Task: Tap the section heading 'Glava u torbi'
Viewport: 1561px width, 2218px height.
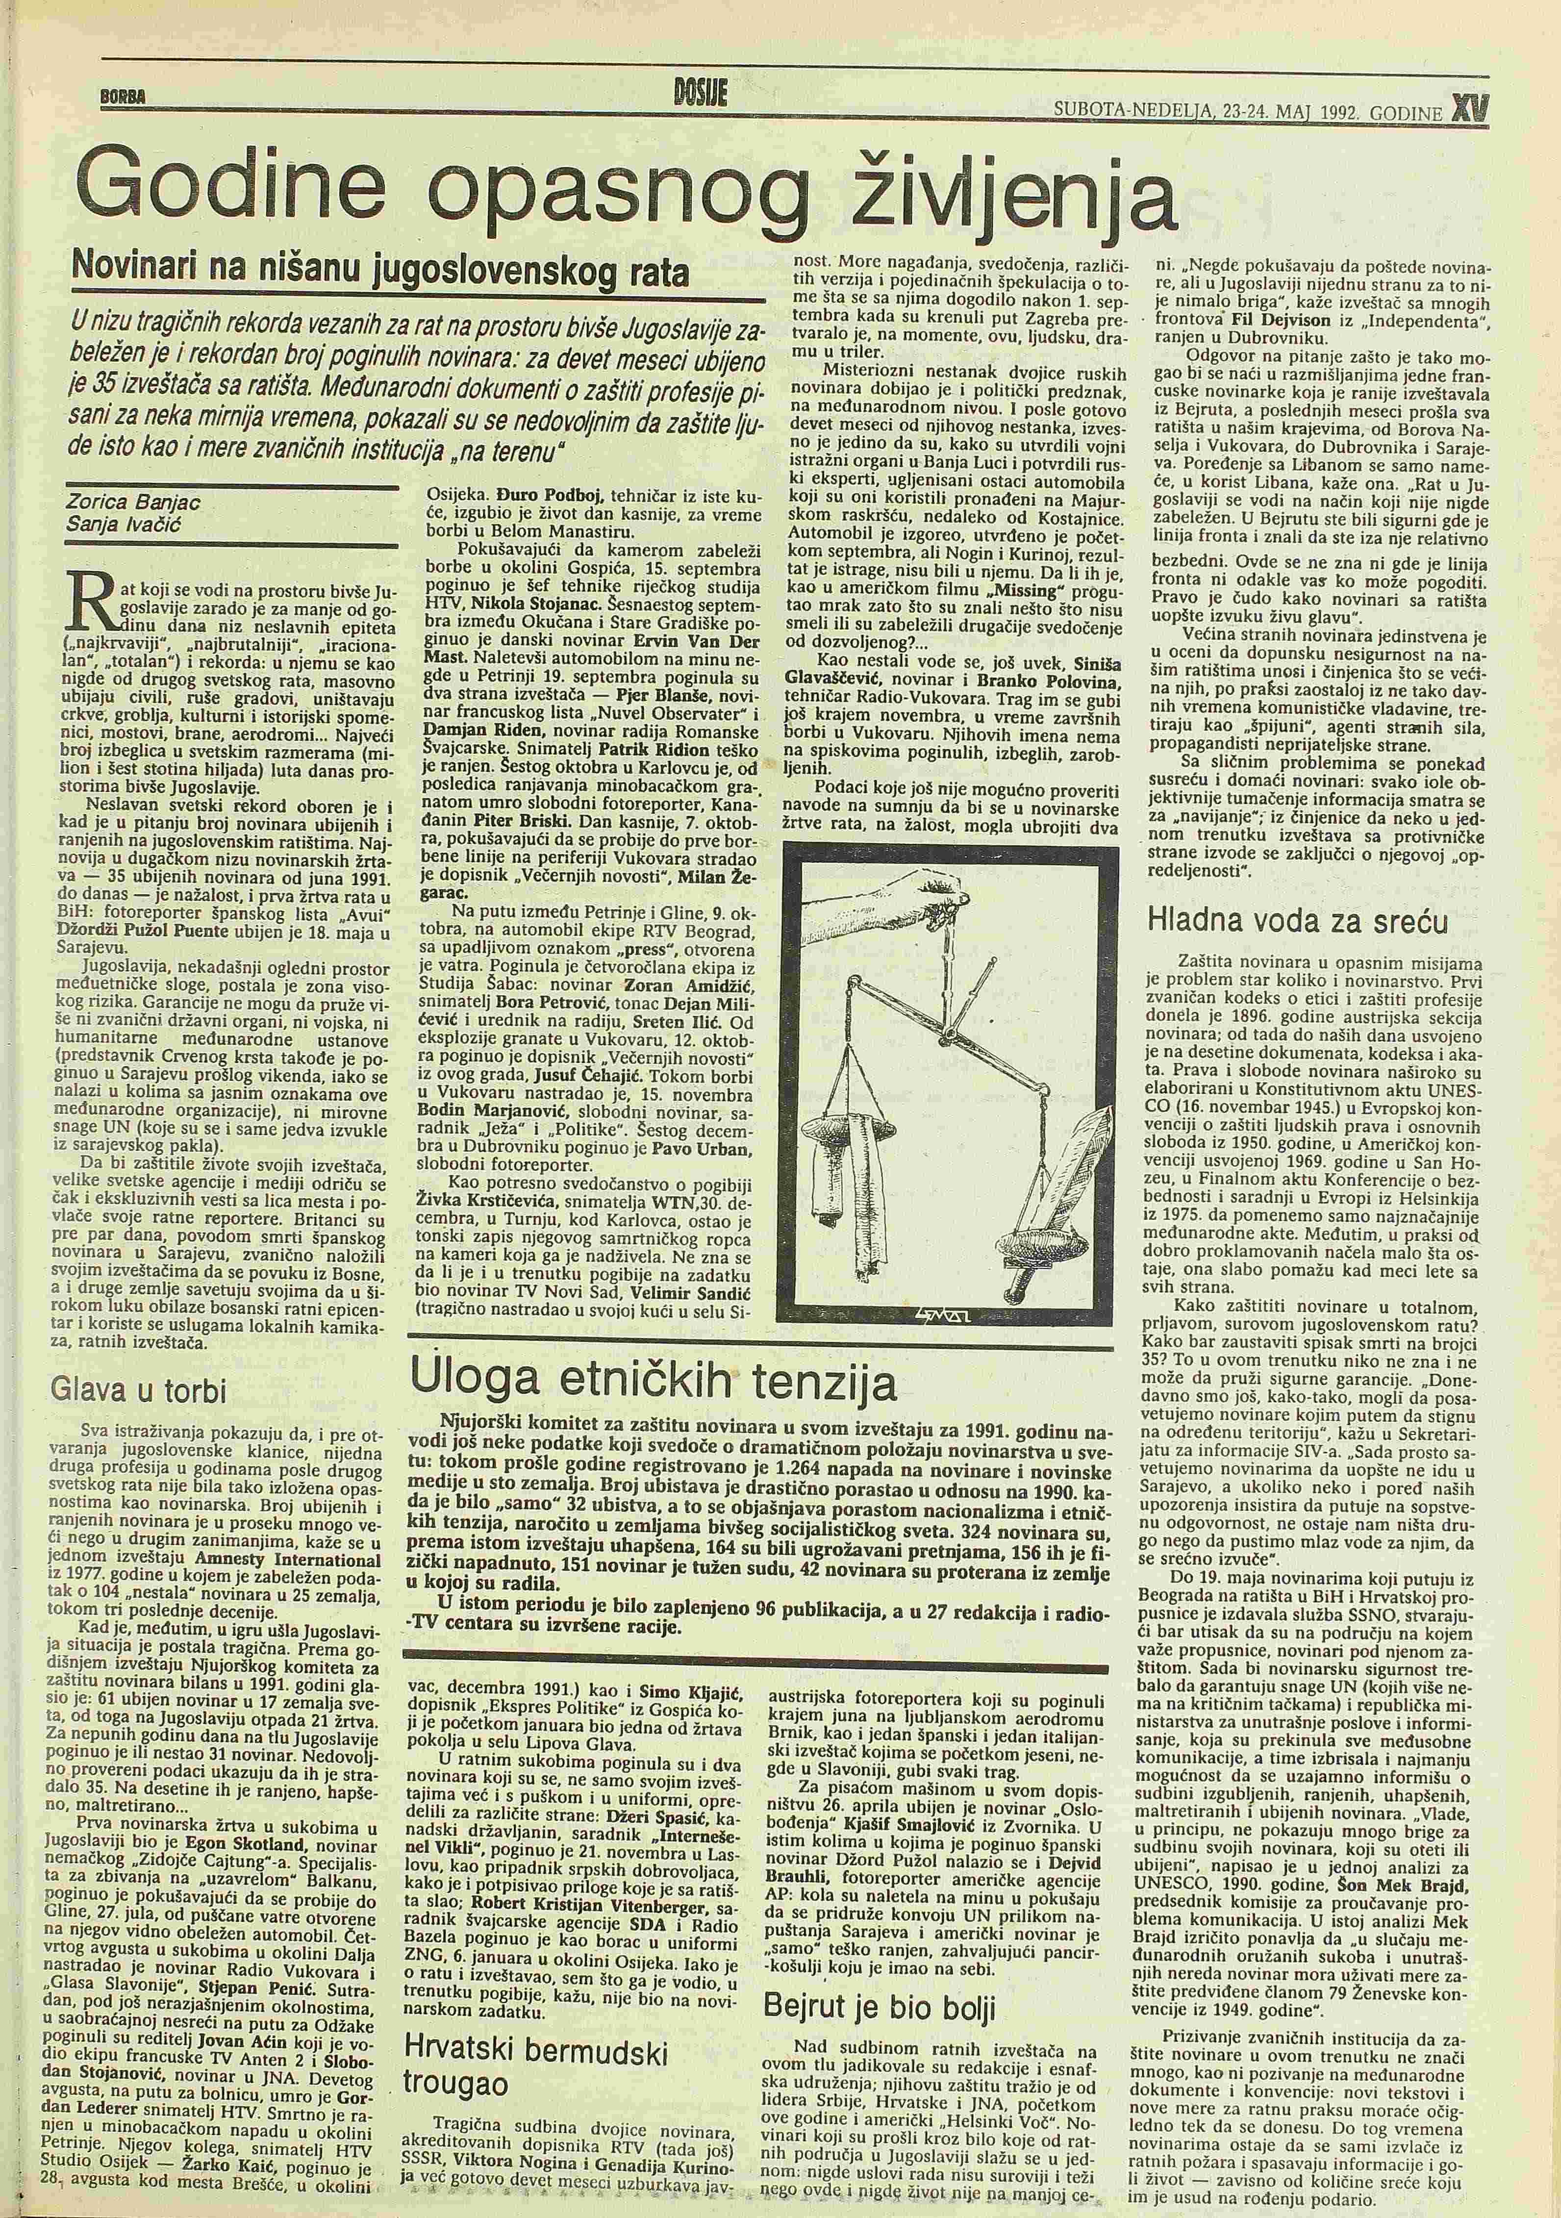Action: click(140, 1389)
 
